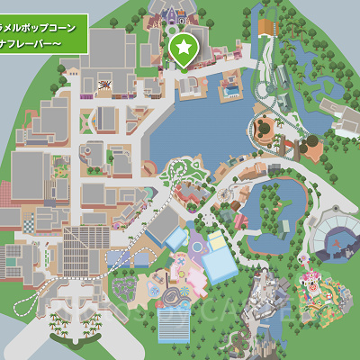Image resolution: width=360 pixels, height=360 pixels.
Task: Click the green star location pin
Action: click(x=183, y=46)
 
